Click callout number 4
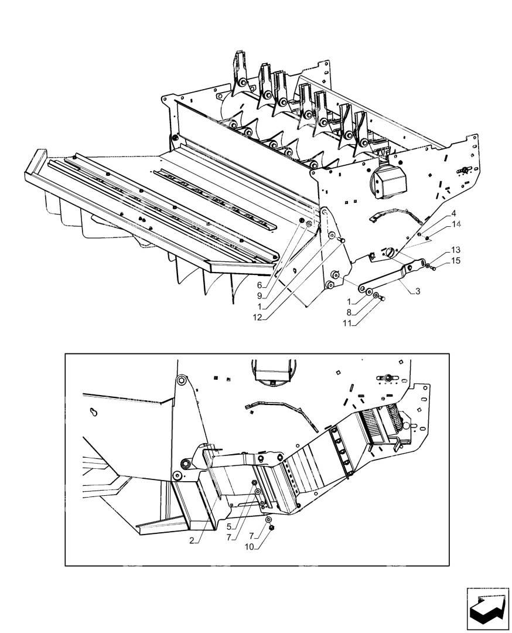(453, 213)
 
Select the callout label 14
(456, 224)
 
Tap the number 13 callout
(456, 250)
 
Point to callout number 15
(456, 261)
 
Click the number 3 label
(418, 291)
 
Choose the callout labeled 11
(347, 323)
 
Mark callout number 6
(260, 285)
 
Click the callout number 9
(260, 296)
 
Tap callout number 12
(257, 318)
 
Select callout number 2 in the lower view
(192, 540)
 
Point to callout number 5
(229, 526)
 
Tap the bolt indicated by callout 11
(383, 298)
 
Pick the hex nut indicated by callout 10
(272, 527)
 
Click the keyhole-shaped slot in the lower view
(94, 412)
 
